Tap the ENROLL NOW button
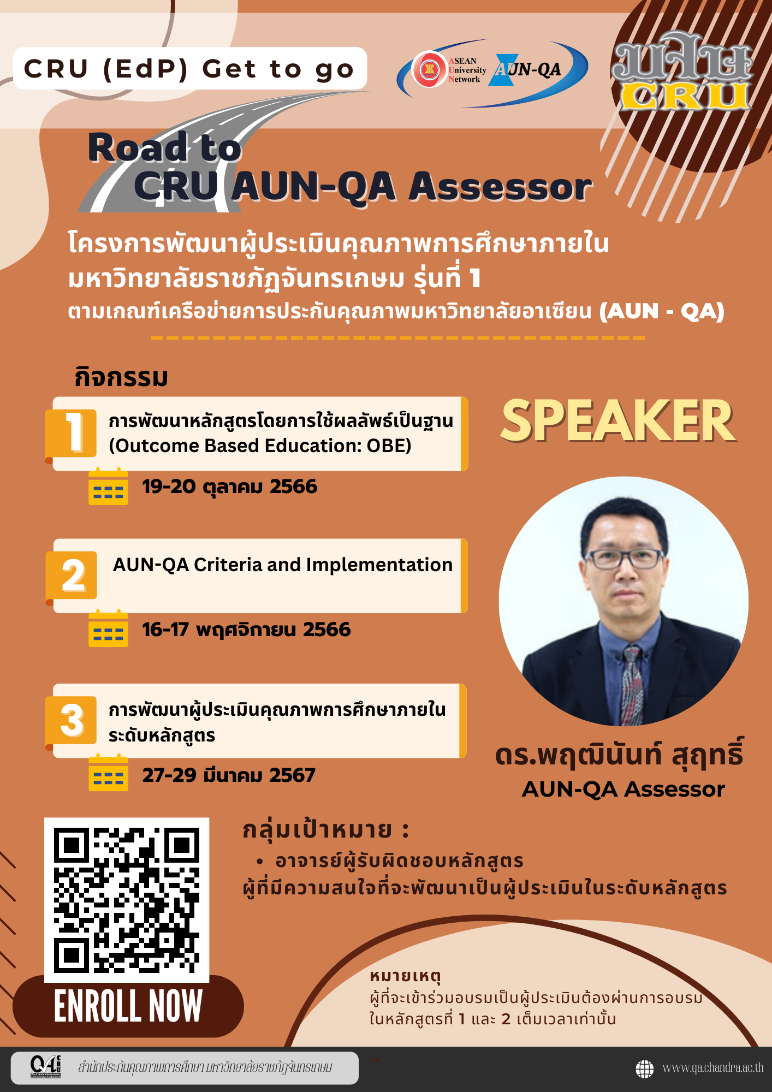pos(128,1006)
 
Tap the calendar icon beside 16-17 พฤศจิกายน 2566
pos(108,628)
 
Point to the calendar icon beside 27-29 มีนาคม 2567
pos(108,773)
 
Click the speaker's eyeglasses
pos(623,558)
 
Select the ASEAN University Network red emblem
pos(430,69)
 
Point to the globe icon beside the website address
pos(645,1069)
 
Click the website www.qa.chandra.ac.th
pos(712,1068)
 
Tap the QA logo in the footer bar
pos(46,1067)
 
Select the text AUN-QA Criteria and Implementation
pos(283,565)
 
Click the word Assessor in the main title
pos(501,186)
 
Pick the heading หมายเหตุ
pos(405,976)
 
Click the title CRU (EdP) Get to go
pos(189,69)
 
